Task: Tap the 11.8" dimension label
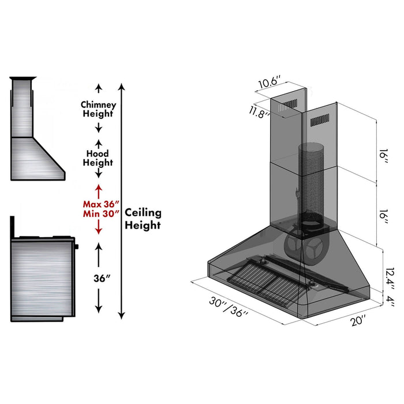(259, 113)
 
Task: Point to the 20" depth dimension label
(358, 320)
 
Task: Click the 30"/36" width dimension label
(229, 306)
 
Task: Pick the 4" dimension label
(390, 301)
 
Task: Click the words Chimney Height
(98, 109)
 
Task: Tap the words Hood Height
(98, 158)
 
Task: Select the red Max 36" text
(101, 204)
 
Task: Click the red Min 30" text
(101, 214)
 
